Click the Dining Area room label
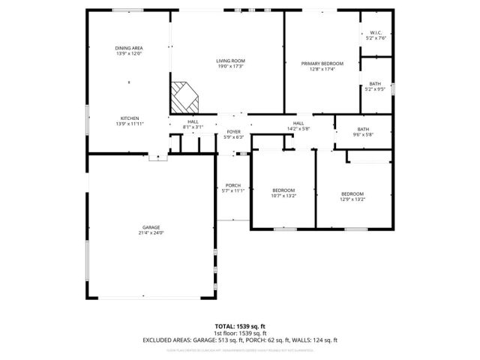pos(129,48)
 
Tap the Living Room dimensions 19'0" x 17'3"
pos(231,67)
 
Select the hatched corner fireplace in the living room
pos(184,96)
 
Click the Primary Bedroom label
pos(322,64)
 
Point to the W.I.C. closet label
pos(376,32)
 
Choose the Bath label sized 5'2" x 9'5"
pos(375,83)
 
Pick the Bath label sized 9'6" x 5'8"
pos(363,129)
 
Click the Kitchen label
pos(129,118)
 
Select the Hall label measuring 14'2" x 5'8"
pos(298,123)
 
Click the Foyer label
pos(234,132)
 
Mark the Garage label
pos(151,227)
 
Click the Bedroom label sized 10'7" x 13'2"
pos(283,190)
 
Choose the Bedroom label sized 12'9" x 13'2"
pos(352,193)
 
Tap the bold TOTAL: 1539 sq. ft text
pos(239,326)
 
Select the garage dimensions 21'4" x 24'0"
pos(151,233)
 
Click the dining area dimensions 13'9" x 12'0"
pos(129,54)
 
